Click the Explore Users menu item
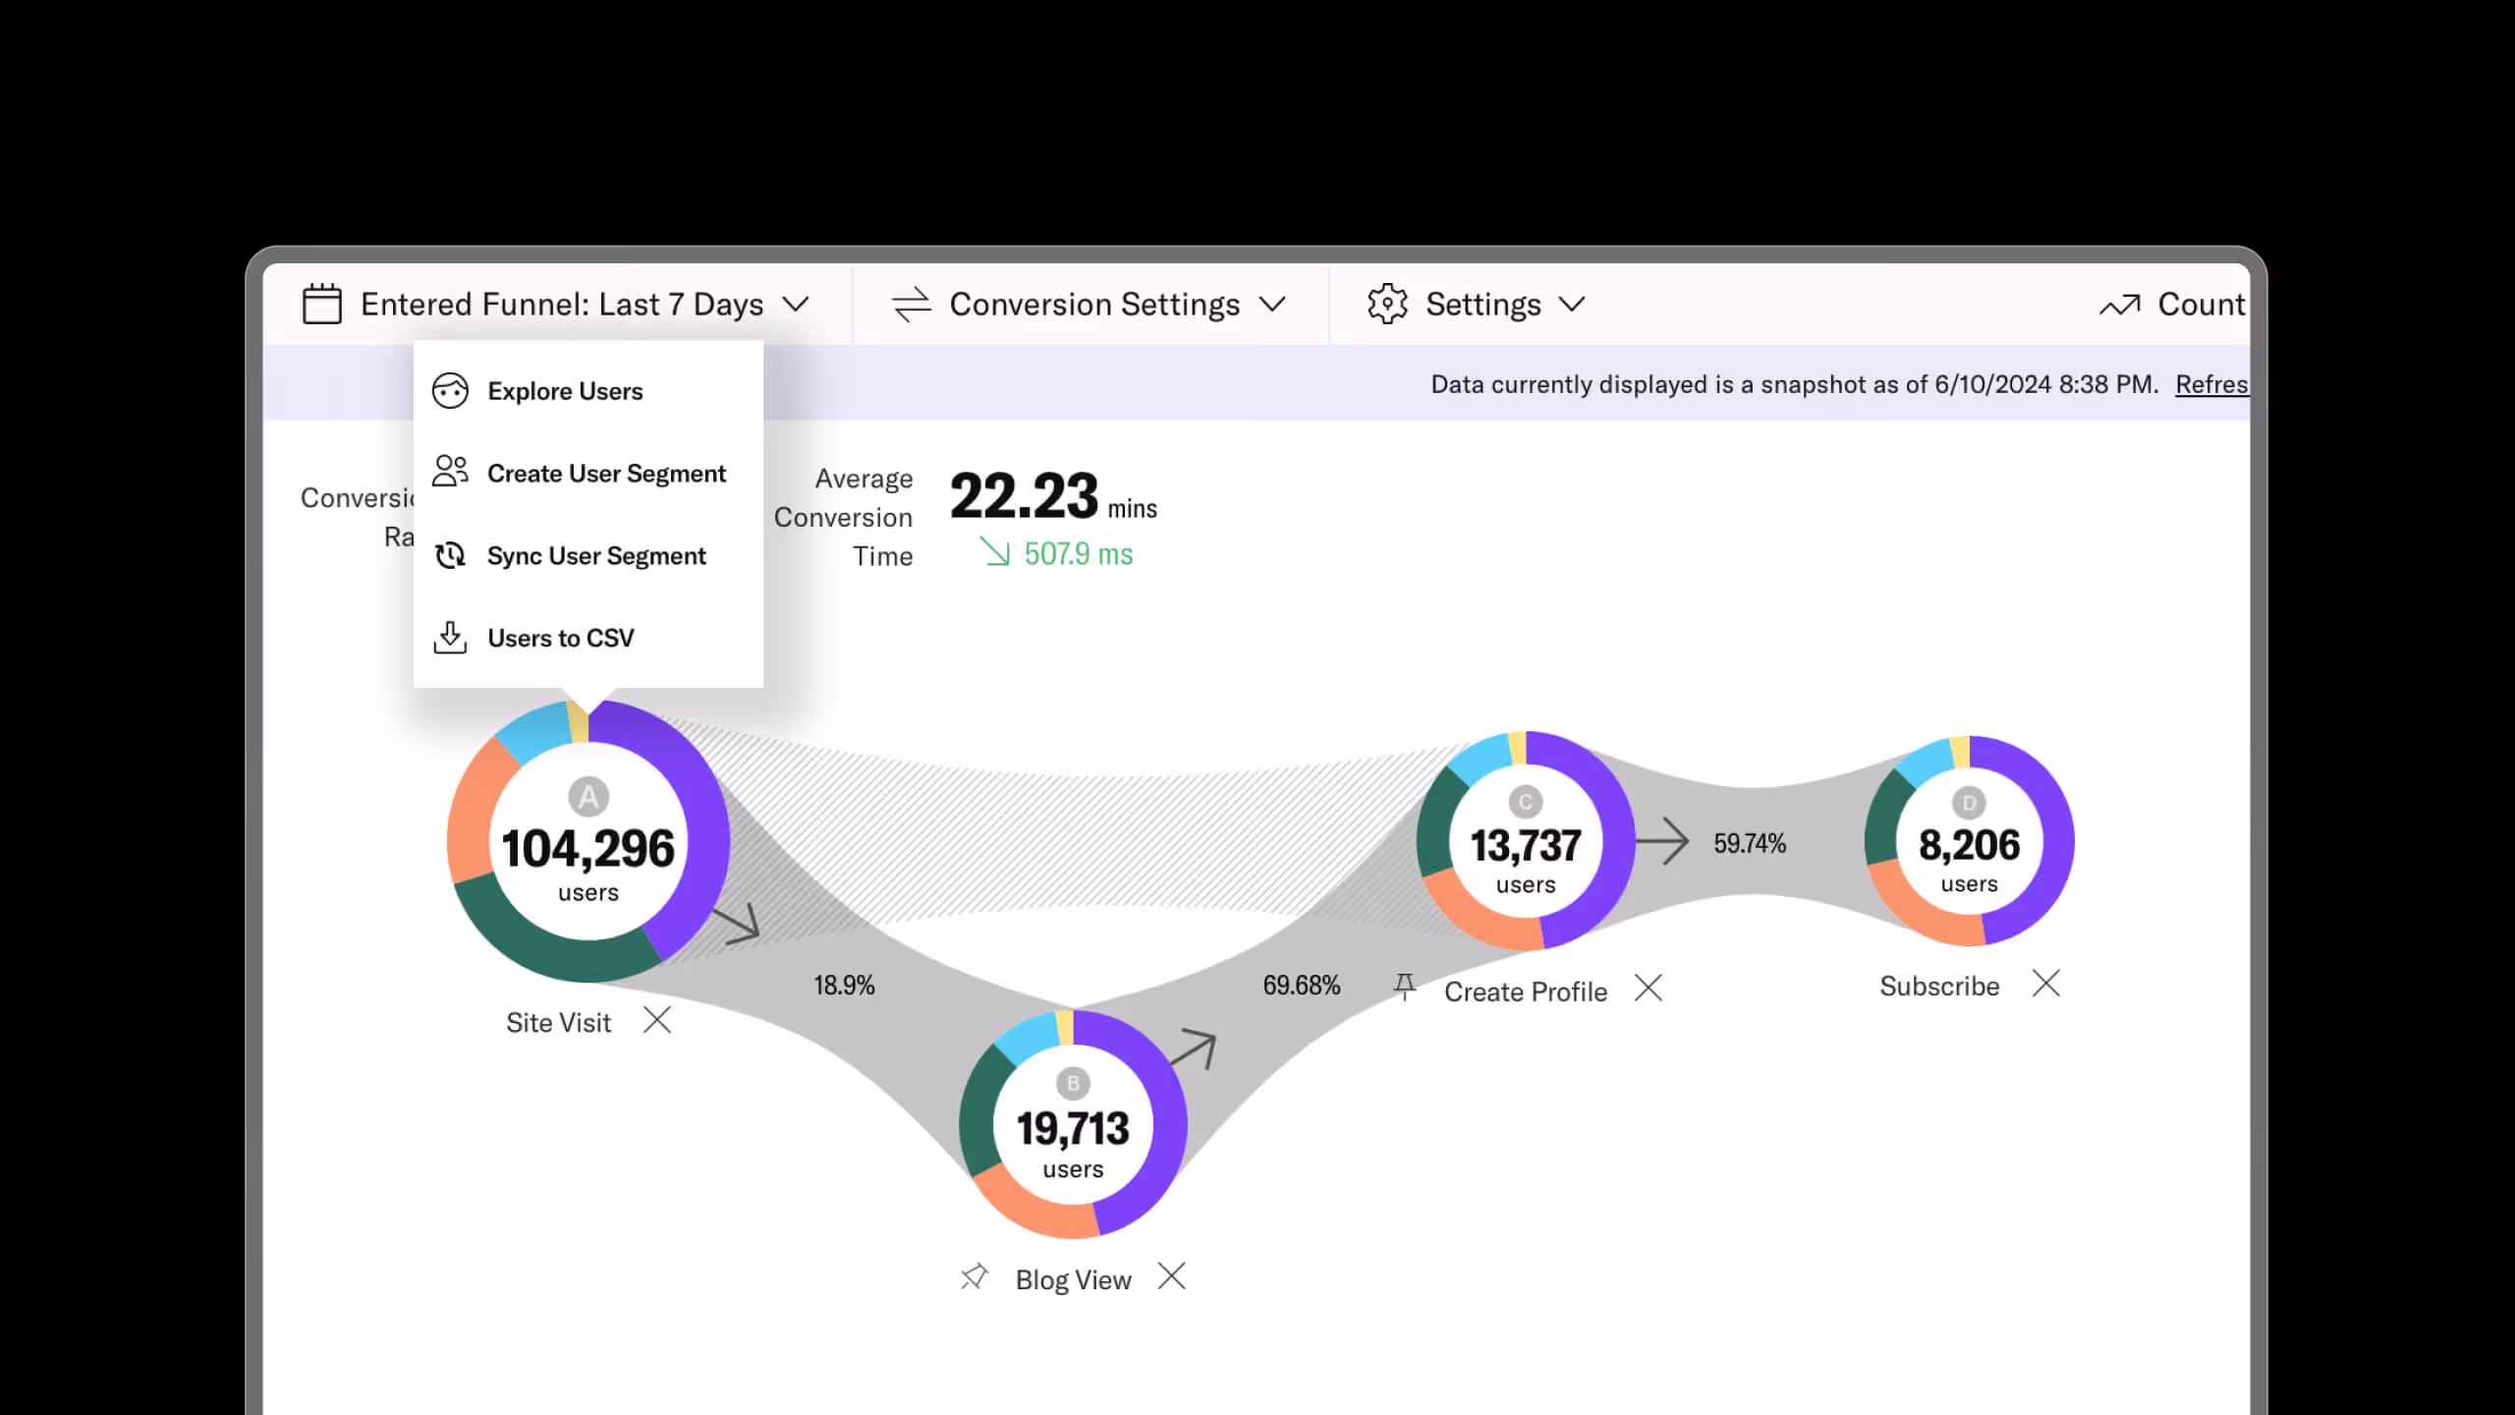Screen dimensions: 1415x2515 pos(565,391)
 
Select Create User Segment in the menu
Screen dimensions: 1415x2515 pos(605,474)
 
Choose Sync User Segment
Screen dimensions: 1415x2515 pos(595,556)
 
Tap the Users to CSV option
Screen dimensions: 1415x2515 pos(560,639)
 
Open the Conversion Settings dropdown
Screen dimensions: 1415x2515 pos(1092,305)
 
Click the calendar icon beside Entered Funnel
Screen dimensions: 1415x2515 pos(321,304)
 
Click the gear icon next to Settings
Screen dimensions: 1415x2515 pos(1387,304)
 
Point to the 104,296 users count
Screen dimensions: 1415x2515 pos(587,849)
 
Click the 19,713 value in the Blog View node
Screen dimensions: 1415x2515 pos(1073,1129)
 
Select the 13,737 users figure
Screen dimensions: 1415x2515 pos(1525,846)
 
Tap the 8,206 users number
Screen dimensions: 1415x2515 pos(1969,845)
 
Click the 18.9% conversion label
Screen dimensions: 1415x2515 pos(844,986)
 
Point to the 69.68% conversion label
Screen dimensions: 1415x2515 pos(1301,986)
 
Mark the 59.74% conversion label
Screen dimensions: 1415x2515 pos(1750,843)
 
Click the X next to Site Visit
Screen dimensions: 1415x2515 pos(657,1020)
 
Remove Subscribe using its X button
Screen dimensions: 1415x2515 pos(2046,984)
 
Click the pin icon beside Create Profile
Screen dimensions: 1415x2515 pos(1405,987)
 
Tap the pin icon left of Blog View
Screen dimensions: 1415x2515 pos(974,1277)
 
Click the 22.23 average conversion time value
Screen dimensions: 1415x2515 pos(1024,496)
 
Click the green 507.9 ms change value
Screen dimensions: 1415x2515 pos(1077,555)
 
